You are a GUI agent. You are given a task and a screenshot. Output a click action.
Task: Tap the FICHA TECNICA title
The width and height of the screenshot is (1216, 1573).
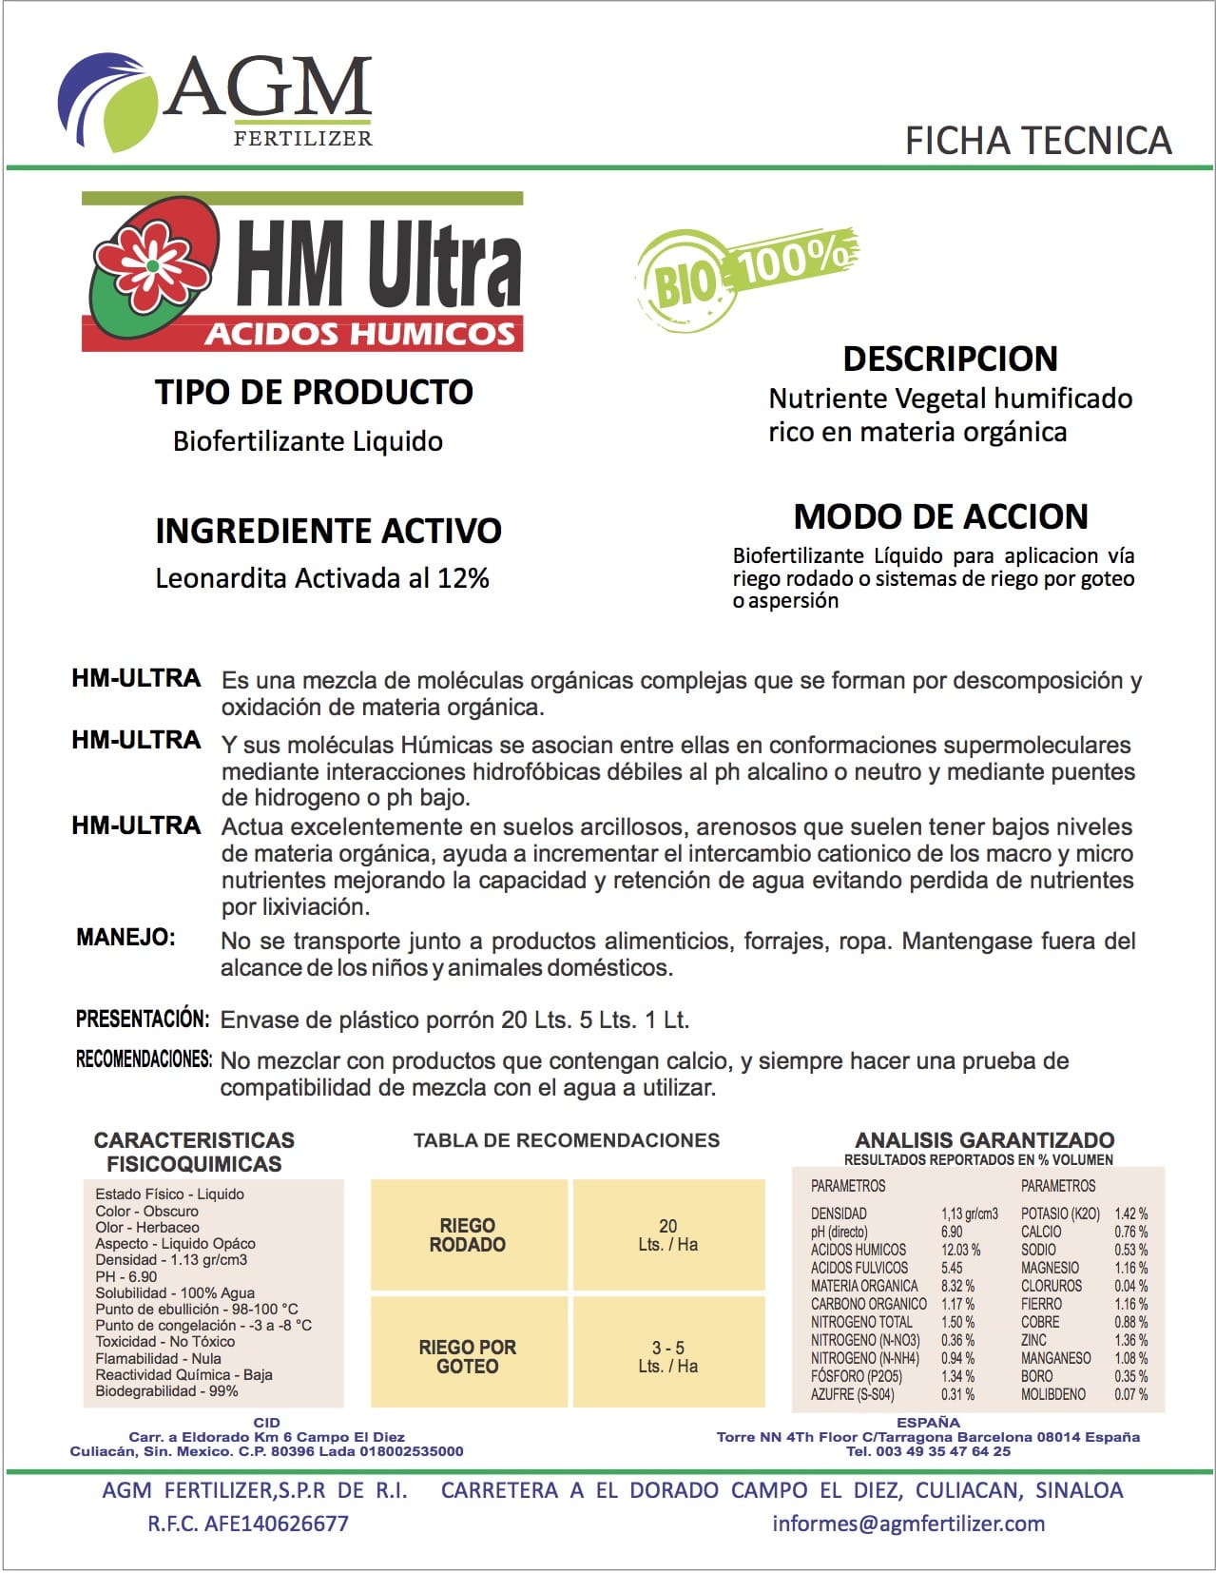click(x=1037, y=141)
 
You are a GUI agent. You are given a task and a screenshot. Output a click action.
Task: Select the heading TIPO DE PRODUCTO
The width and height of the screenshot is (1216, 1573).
click(x=314, y=392)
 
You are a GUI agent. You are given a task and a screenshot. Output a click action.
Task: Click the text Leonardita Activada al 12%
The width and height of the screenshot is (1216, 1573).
click(x=322, y=578)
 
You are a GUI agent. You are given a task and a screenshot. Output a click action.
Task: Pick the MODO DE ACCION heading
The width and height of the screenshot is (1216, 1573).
click(x=940, y=516)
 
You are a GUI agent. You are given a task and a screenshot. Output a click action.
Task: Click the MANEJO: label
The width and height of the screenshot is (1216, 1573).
click(x=125, y=938)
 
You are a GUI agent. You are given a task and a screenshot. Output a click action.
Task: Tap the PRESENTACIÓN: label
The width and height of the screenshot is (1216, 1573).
click(x=142, y=1019)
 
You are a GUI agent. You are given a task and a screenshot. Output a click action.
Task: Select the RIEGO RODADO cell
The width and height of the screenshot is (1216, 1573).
click(x=468, y=1234)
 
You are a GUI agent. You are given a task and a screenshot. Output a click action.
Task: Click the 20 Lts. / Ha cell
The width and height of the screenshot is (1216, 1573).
click(x=668, y=1234)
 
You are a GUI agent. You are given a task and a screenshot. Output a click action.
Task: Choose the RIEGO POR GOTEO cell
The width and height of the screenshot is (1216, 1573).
click(x=468, y=1356)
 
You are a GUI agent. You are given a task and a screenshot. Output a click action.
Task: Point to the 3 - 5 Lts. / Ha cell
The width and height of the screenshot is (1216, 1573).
click(x=668, y=1356)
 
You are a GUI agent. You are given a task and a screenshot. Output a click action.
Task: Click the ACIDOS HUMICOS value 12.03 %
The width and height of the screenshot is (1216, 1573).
click(x=960, y=1250)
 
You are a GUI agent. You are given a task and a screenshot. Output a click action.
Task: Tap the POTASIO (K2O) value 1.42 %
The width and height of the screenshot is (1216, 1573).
click(x=1130, y=1214)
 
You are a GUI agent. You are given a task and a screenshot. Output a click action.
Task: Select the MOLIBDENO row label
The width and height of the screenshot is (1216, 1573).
click(x=1052, y=1394)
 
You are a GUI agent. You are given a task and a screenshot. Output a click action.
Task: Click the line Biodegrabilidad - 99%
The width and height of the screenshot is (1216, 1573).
click(x=166, y=1390)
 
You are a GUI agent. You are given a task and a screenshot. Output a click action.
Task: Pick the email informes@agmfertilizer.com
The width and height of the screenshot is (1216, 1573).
click(x=908, y=1523)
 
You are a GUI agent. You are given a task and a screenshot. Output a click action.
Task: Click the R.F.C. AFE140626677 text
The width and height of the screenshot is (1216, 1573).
click(x=247, y=1523)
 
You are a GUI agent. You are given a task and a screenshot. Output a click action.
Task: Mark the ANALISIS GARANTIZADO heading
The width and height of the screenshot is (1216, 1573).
click(x=984, y=1139)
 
